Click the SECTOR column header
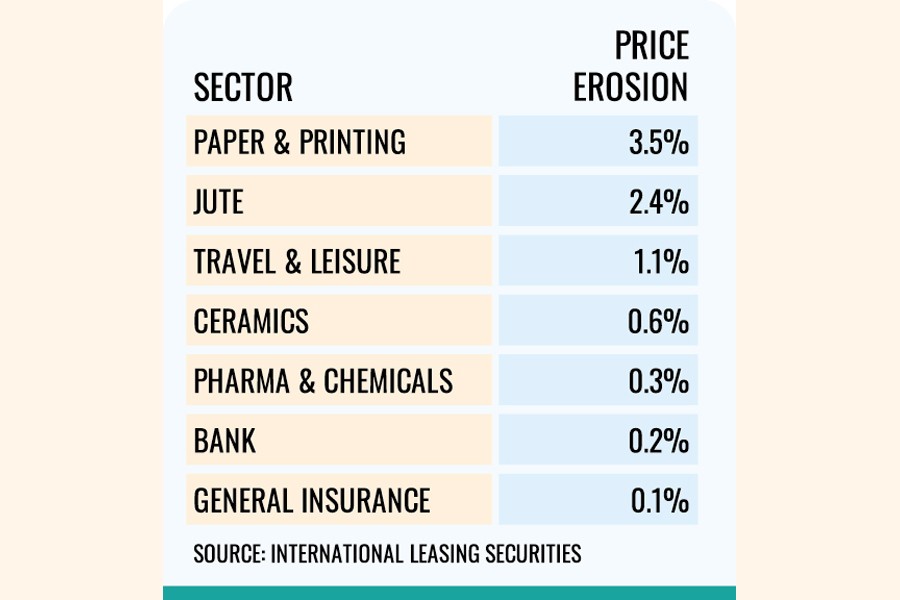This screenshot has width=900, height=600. (x=243, y=88)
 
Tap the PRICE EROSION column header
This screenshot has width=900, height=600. (x=631, y=68)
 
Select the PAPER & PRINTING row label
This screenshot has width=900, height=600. (x=300, y=142)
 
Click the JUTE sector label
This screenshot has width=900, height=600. (x=219, y=202)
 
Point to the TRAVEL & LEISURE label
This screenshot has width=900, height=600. (x=297, y=262)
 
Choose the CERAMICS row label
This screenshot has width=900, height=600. (x=251, y=321)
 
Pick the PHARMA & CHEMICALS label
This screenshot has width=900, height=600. (x=323, y=381)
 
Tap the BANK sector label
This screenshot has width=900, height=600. (x=225, y=440)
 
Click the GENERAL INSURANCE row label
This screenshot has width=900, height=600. (x=312, y=500)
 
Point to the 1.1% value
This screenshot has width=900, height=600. (x=661, y=262)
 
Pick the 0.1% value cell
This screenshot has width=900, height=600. (x=660, y=500)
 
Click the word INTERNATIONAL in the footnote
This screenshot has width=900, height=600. (x=331, y=553)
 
